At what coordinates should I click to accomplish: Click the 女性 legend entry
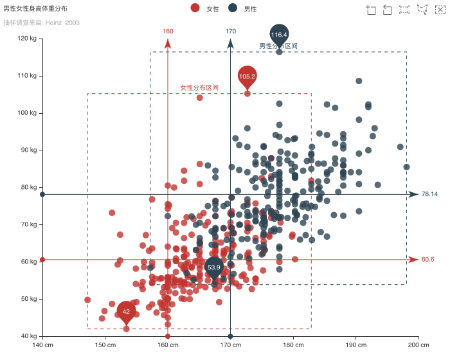pyautogui.click(x=205, y=8)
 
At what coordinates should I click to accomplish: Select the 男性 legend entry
pyautogui.click(x=242, y=8)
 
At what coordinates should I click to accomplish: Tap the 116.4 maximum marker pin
pyautogui.click(x=279, y=35)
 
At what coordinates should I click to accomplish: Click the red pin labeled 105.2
pyautogui.click(x=247, y=76)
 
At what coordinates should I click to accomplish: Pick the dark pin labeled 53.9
pyautogui.click(x=213, y=267)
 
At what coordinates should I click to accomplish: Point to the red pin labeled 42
pyautogui.click(x=126, y=311)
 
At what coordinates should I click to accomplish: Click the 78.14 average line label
pyautogui.click(x=429, y=194)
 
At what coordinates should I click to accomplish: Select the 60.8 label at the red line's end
pyautogui.click(x=428, y=259)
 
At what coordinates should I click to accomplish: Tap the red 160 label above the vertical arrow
pyautogui.click(x=168, y=31)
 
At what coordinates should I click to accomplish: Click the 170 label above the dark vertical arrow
pyautogui.click(x=231, y=31)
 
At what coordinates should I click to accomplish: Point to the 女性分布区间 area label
pyautogui.click(x=199, y=87)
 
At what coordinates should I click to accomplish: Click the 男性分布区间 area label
pyautogui.click(x=278, y=46)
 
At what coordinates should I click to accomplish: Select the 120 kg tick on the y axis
pyautogui.click(x=28, y=39)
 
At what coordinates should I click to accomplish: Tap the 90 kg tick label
pyautogui.click(x=28, y=150)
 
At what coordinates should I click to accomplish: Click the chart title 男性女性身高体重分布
pyautogui.click(x=35, y=8)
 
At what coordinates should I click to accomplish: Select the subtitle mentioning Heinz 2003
pyautogui.click(x=41, y=22)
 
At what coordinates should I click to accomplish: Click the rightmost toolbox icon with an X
pyautogui.click(x=440, y=9)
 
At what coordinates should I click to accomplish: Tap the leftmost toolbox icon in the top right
pyautogui.click(x=371, y=9)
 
